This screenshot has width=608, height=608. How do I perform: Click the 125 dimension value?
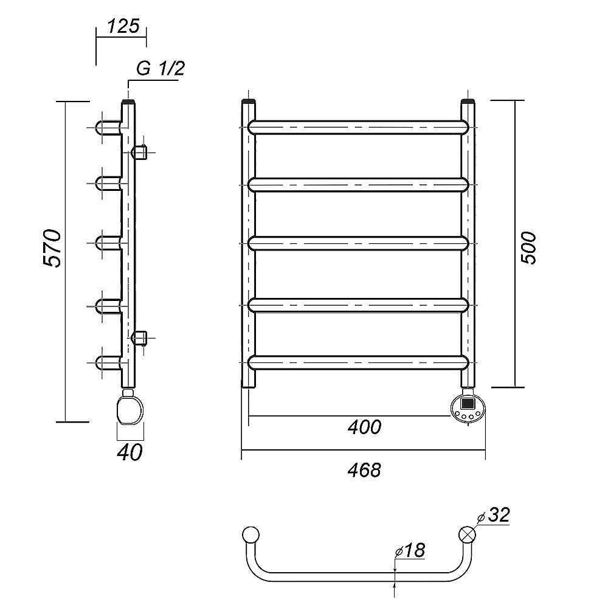[123, 26]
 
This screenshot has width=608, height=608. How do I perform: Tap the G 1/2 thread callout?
[161, 69]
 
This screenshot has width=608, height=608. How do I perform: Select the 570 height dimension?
[52, 248]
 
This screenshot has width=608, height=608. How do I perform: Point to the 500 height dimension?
[528, 248]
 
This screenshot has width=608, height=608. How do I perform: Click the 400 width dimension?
[364, 427]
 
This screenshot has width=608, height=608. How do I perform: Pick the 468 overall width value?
[364, 470]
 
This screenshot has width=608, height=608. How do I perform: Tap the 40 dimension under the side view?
[130, 452]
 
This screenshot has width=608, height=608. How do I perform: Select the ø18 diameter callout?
[410, 550]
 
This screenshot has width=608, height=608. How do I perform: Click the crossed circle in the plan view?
[467, 534]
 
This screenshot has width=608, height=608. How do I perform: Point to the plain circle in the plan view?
[250, 534]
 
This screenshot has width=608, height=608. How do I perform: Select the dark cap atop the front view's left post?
[249, 102]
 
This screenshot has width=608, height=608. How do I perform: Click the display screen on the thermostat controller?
[468, 403]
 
